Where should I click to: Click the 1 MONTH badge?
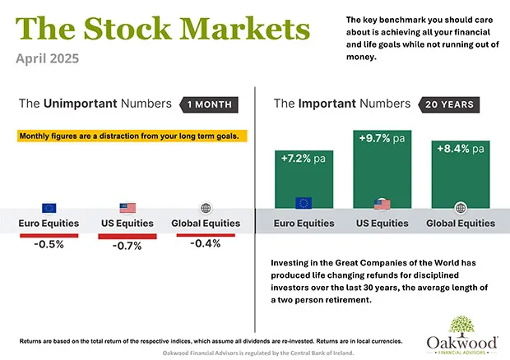click(x=209, y=104)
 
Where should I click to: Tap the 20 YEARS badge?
click(x=449, y=104)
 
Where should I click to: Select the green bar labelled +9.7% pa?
click(x=382, y=169)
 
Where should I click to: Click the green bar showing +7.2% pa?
click(x=304, y=179)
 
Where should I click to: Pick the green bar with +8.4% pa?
click(x=461, y=174)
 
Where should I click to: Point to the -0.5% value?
click(x=49, y=244)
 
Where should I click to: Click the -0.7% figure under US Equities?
click(x=128, y=246)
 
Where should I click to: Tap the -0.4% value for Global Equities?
click(x=206, y=243)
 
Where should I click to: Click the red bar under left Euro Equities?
click(x=49, y=236)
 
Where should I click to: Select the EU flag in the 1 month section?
click(x=49, y=208)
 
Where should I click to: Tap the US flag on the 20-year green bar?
click(x=382, y=205)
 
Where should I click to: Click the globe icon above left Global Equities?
click(x=206, y=208)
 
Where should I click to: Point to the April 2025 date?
click(x=48, y=58)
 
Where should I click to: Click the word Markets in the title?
click(x=244, y=29)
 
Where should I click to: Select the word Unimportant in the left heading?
click(x=81, y=104)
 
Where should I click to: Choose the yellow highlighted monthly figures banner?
click(x=132, y=136)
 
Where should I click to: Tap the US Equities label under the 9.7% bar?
click(x=382, y=224)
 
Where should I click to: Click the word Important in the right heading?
click(x=327, y=104)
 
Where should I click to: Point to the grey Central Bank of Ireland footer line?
click(x=258, y=353)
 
